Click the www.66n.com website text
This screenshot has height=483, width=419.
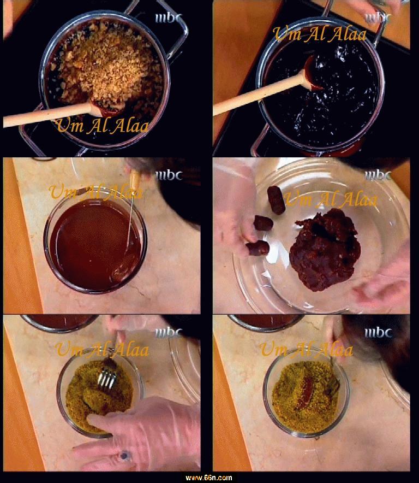[209, 478]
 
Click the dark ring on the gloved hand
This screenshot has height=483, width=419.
[124, 455]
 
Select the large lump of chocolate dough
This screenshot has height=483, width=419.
[325, 249]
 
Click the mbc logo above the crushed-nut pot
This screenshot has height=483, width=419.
[169, 18]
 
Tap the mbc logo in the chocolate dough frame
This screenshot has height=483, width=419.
[378, 176]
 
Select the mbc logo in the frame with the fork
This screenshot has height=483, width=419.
[169, 333]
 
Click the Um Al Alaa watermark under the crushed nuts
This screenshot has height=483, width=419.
[102, 125]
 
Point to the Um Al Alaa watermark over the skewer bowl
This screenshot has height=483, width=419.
[96, 192]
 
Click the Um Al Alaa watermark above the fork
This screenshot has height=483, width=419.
[102, 349]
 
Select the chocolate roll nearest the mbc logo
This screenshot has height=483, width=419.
[276, 200]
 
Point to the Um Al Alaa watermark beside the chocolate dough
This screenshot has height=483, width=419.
[331, 199]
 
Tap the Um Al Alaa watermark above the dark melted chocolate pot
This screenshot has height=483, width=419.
[320, 34]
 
